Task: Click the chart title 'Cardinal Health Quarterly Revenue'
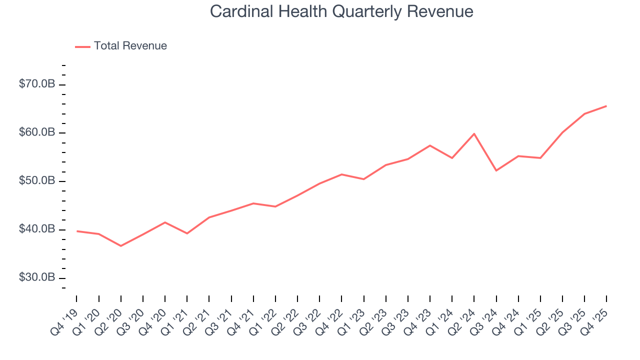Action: (x=341, y=11)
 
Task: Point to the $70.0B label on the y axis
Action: (x=36, y=84)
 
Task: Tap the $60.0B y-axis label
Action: (x=36, y=132)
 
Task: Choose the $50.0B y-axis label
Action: (x=36, y=180)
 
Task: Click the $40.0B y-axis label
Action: (x=36, y=229)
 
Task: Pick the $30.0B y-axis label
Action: (x=36, y=277)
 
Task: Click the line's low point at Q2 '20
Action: (x=121, y=245)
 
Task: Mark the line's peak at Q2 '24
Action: (x=474, y=133)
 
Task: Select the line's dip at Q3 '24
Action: (x=496, y=170)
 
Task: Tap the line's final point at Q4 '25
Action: (x=606, y=106)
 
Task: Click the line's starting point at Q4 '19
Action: (x=77, y=231)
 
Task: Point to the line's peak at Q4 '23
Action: (x=430, y=145)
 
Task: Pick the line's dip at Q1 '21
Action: (x=187, y=233)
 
